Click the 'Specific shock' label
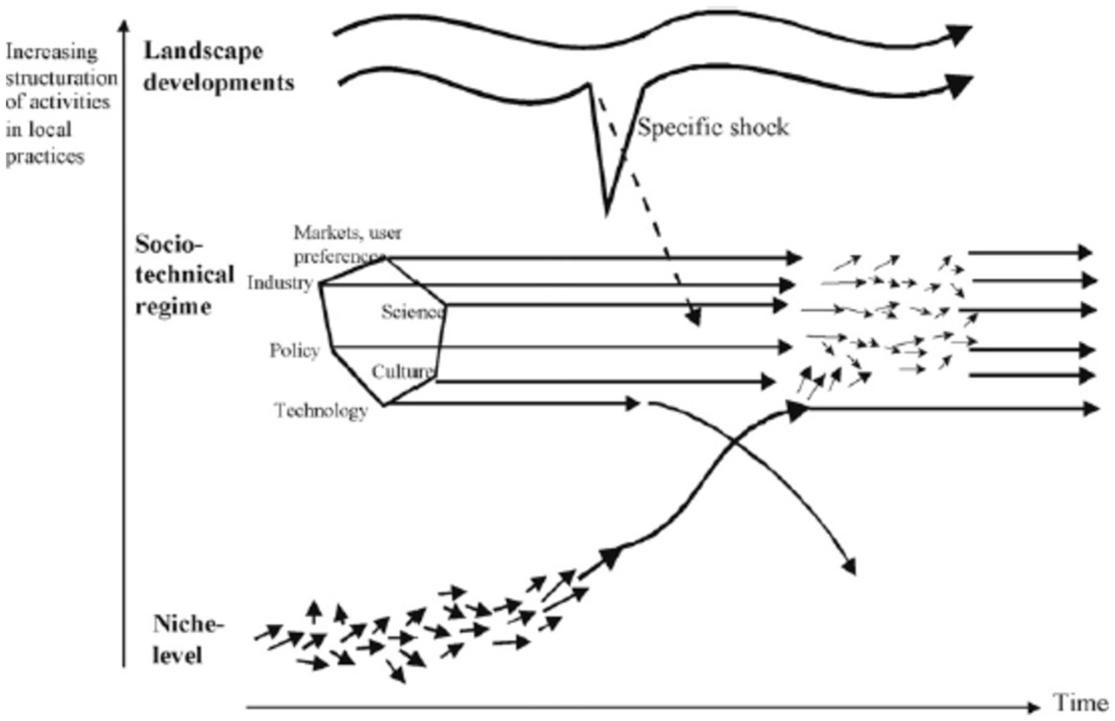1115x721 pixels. (713, 128)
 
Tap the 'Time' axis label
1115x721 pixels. (1080, 703)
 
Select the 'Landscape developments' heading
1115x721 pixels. (218, 67)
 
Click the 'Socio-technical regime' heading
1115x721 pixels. (184, 275)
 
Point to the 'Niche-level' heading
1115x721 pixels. (188, 640)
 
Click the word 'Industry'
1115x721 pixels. (280, 283)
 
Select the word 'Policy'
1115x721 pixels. (294, 351)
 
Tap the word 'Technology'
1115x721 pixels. (321, 411)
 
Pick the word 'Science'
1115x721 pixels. (412, 313)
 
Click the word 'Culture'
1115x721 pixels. (402, 372)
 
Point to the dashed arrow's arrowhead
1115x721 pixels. (694, 318)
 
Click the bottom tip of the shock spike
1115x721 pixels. (607, 212)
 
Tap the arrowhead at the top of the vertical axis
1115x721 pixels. (124, 26)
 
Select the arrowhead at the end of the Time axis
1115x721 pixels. (1034, 706)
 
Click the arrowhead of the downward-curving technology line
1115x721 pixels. (850, 566)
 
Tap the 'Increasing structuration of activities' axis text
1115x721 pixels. (60, 77)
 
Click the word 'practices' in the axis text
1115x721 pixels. (45, 157)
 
